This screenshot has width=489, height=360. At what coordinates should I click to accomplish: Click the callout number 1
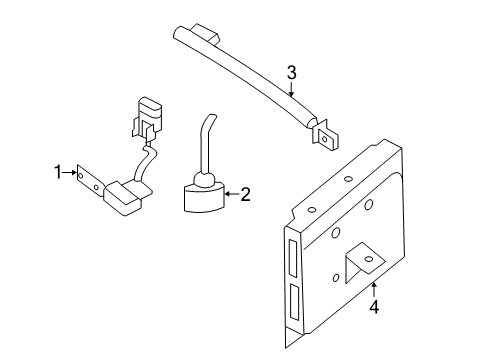58,172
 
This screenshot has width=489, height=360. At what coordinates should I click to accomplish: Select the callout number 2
245,194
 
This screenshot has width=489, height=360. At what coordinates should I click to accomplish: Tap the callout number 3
291,73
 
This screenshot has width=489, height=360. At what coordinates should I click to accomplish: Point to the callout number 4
374,307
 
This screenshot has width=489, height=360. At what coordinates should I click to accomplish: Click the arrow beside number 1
70,172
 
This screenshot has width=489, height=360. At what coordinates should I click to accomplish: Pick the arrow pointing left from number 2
232,194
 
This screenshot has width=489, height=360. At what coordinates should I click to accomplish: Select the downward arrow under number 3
292,89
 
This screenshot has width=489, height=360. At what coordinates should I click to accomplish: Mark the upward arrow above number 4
374,290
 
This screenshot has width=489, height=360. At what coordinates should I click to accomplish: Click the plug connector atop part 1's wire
147,117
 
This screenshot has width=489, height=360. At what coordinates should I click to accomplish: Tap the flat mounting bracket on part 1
90,183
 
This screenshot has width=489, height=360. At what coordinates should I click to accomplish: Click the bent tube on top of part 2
205,143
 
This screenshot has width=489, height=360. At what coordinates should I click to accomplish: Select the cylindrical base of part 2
203,197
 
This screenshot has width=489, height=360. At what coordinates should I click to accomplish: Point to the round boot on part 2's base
204,179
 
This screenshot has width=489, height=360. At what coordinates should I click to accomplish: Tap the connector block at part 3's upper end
206,33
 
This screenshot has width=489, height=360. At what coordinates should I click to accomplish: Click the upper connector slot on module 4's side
293,258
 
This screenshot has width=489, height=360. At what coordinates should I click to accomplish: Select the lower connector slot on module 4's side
295,302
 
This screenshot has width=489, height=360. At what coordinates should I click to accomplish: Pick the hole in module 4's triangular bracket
369,259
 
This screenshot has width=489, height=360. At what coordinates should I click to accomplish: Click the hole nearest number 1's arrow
80,174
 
